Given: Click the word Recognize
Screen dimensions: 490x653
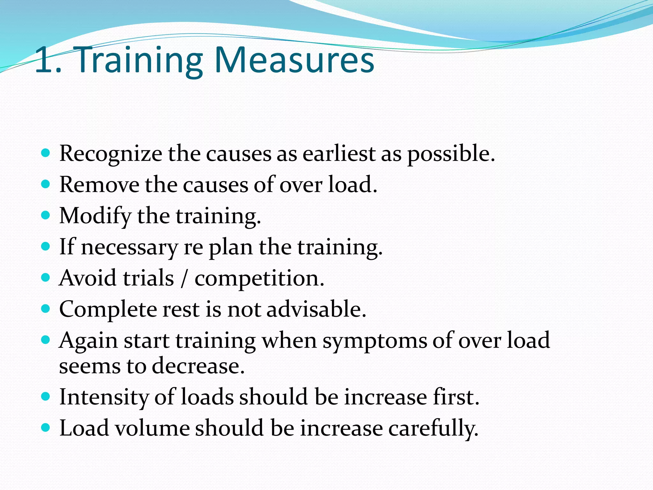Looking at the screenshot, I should click(111, 154).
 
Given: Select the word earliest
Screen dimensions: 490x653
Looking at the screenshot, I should click(339, 154).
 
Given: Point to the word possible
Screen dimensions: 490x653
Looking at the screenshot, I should click(451, 154).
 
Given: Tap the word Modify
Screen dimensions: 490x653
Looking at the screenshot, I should click(95, 216).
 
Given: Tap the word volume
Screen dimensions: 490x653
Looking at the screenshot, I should click(152, 428).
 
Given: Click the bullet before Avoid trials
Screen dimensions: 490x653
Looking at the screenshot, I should click(46, 277).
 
